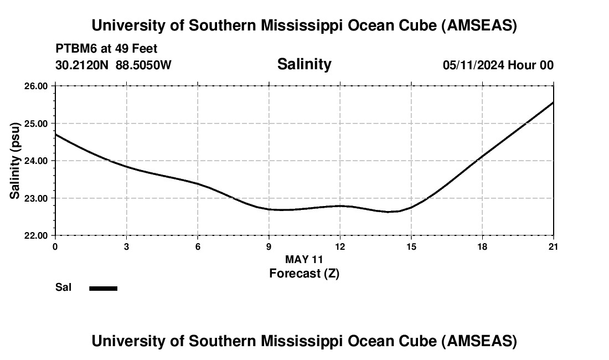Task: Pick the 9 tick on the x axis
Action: [x=269, y=246]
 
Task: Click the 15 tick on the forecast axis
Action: [x=411, y=246]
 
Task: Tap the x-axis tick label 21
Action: [x=553, y=246]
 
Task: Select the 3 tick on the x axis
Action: [x=127, y=246]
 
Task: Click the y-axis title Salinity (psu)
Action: [x=15, y=161]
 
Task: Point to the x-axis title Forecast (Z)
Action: [x=304, y=273]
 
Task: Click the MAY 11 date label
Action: [x=304, y=259]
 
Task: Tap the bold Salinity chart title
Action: [x=304, y=64]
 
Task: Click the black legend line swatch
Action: [x=104, y=288]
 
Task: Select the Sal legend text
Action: [x=63, y=287]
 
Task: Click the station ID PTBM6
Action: [x=74, y=49]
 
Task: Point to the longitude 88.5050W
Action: [x=143, y=65]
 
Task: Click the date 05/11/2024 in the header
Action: [x=473, y=65]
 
